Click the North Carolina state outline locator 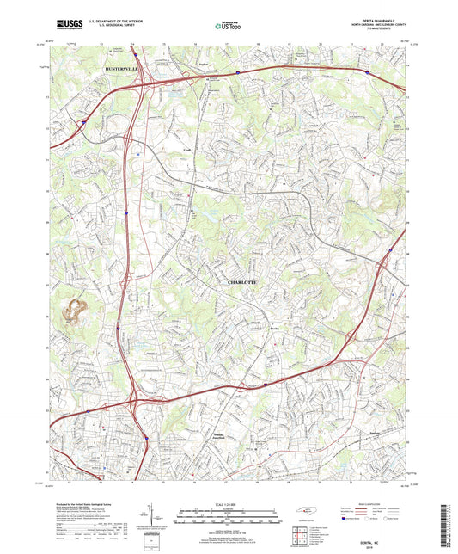[304, 512]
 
